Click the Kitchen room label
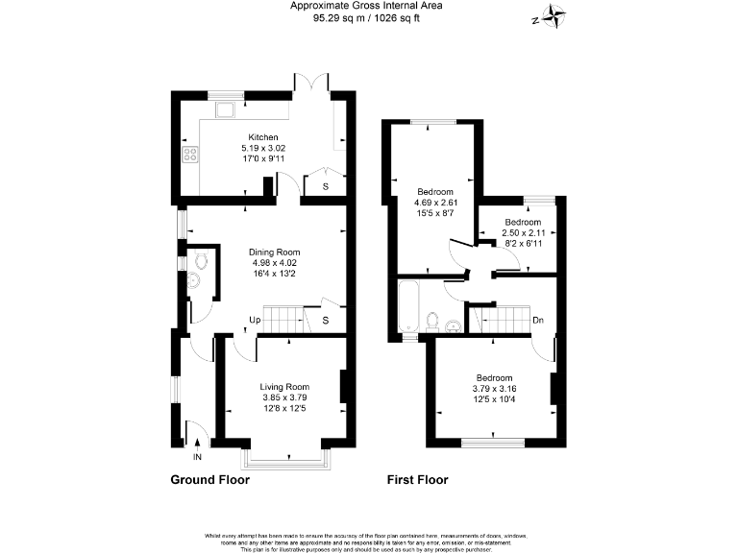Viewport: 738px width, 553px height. (x=263, y=137)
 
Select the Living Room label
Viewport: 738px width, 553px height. (x=283, y=387)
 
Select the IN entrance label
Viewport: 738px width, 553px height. (x=197, y=457)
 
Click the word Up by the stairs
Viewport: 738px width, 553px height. (x=255, y=320)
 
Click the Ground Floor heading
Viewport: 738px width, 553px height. (x=209, y=480)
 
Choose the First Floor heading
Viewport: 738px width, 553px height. (x=417, y=480)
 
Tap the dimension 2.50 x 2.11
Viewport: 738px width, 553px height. (x=525, y=233)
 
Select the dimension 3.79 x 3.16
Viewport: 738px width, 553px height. (x=494, y=388)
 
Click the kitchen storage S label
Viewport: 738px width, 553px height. (x=325, y=186)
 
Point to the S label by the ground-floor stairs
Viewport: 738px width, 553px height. (x=325, y=320)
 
